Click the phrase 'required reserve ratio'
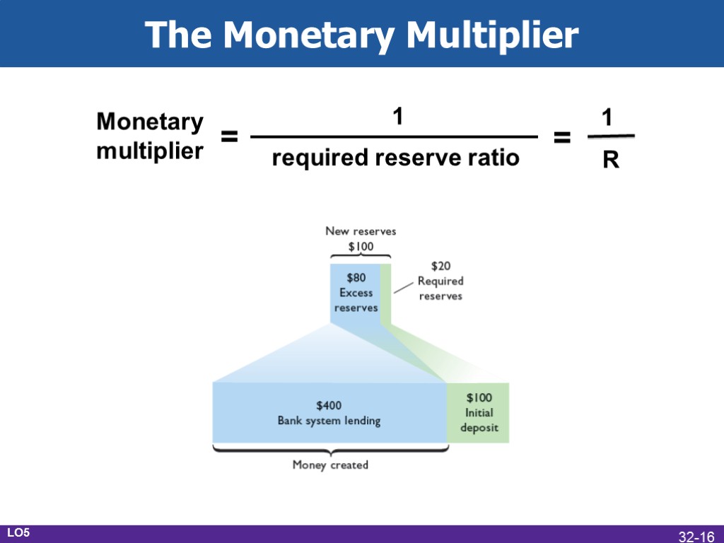pyautogui.click(x=395, y=158)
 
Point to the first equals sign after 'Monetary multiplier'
pyautogui.click(x=228, y=137)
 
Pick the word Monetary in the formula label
pyautogui.click(x=149, y=122)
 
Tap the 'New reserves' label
pyautogui.click(x=361, y=230)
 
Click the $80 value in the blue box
pyautogui.click(x=356, y=278)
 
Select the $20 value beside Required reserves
pyautogui.click(x=440, y=266)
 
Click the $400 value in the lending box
pyautogui.click(x=329, y=405)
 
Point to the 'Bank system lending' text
pyautogui.click(x=329, y=421)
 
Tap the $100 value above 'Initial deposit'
pyautogui.click(x=479, y=397)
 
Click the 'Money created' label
pyautogui.click(x=330, y=465)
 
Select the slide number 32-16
pyautogui.click(x=696, y=537)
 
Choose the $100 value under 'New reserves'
pyautogui.click(x=361, y=246)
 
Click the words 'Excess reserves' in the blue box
pyautogui.click(x=356, y=300)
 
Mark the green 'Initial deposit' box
pyautogui.click(x=478, y=413)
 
